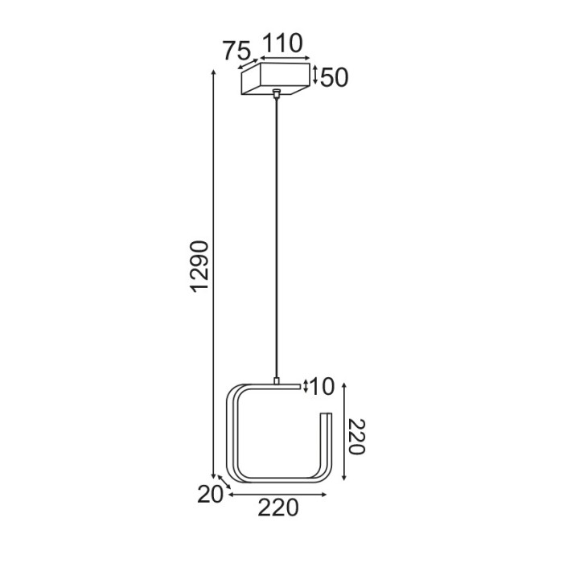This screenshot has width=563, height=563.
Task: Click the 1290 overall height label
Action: (x=200, y=266)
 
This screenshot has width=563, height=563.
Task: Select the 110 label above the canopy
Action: (x=281, y=43)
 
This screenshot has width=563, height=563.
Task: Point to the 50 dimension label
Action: (x=334, y=78)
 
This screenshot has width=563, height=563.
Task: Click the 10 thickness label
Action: (x=322, y=387)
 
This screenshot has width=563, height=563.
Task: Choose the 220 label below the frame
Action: (x=278, y=508)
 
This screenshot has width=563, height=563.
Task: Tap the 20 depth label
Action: (x=210, y=495)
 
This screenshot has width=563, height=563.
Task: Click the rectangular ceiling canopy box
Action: (x=276, y=81)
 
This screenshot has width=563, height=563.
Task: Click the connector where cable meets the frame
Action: (x=276, y=380)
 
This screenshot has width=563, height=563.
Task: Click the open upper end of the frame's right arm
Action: (x=326, y=417)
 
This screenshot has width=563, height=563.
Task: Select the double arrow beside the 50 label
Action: (x=316, y=76)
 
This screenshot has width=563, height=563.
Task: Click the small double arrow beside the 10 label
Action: (x=306, y=387)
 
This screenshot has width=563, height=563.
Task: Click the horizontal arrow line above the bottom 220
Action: (x=277, y=495)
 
